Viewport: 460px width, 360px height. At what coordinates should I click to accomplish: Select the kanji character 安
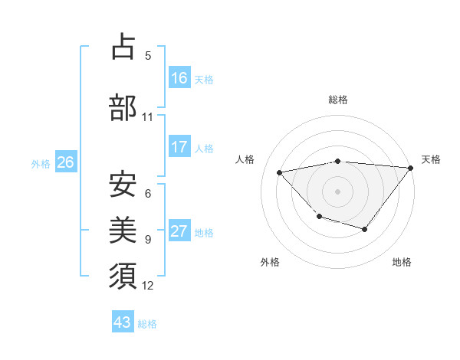click(123, 183)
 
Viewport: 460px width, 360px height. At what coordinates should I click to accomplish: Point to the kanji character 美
click(123, 229)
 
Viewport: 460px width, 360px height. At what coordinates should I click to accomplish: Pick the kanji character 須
click(123, 276)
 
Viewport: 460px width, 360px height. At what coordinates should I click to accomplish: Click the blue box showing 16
click(179, 78)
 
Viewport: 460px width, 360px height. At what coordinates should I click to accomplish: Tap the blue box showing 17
click(179, 147)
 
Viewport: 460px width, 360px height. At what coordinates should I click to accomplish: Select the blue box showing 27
click(179, 231)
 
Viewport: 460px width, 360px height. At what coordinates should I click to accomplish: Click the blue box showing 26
click(65, 162)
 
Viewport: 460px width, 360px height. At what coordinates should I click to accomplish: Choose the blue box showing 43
click(123, 322)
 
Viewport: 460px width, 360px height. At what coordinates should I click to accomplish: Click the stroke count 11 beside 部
click(147, 117)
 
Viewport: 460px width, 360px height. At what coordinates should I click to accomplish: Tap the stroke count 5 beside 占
click(148, 55)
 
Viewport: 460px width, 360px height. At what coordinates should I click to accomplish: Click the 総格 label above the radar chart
click(337, 100)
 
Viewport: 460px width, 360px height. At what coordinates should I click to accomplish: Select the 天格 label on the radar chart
click(432, 159)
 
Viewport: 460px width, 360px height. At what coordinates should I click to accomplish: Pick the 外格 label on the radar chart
click(270, 262)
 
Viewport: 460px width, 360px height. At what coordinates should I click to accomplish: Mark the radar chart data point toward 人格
click(280, 172)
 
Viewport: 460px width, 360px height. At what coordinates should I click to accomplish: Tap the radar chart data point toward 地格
click(365, 229)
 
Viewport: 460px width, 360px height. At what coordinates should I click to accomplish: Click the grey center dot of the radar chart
click(337, 191)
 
